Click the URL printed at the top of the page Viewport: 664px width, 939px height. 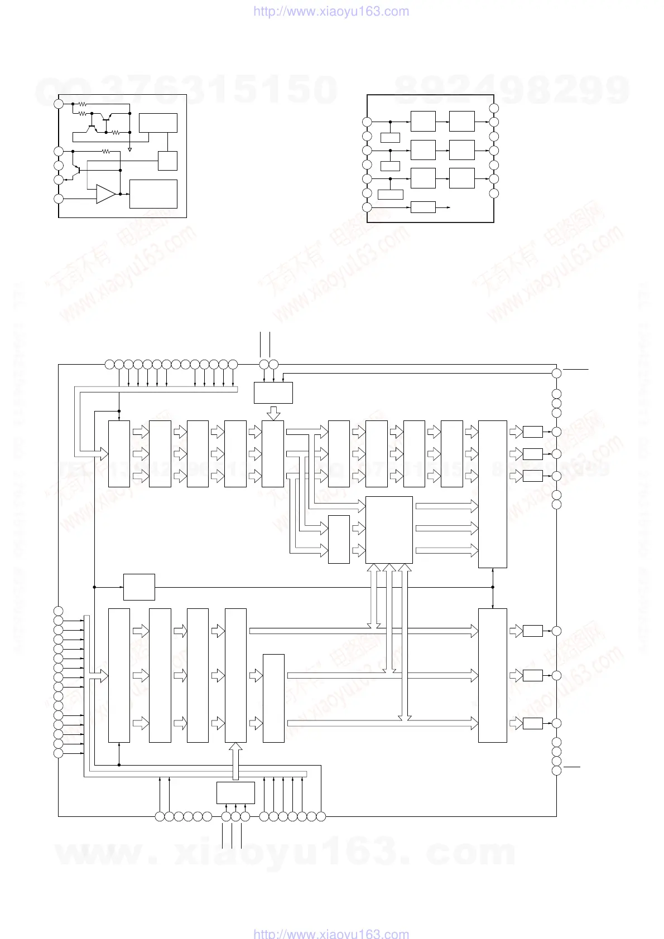[x=331, y=11]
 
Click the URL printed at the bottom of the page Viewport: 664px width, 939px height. [x=331, y=933]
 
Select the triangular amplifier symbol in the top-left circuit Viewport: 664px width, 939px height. [x=105, y=193]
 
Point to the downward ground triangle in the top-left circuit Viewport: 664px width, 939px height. [x=130, y=149]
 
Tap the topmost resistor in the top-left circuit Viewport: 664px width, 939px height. [x=82, y=104]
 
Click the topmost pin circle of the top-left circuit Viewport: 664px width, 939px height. [x=59, y=104]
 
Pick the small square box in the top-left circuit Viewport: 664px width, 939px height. [x=167, y=161]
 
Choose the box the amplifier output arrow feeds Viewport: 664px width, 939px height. [x=153, y=193]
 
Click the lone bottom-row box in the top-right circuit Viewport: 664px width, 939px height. [x=423, y=207]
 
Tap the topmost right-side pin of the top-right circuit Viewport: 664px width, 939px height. [x=493, y=108]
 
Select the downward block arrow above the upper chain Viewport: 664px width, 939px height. [x=273, y=413]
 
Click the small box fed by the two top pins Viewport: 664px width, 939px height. [x=273, y=393]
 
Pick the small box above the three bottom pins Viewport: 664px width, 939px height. [x=235, y=792]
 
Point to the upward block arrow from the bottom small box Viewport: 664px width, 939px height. [x=236, y=761]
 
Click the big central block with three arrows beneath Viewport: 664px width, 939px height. [x=389, y=530]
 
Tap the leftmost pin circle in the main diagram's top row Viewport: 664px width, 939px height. [x=110, y=365]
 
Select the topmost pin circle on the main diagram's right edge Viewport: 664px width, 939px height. [x=556, y=373]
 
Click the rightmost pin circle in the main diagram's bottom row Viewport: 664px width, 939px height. [x=321, y=817]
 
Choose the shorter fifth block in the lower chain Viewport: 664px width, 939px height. [x=273, y=698]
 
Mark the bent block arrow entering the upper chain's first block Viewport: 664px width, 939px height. [x=89, y=424]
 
